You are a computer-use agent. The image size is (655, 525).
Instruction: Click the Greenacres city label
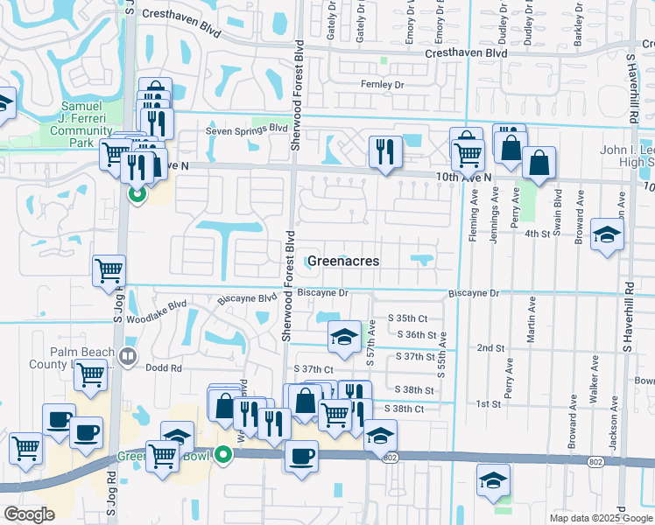click(x=342, y=260)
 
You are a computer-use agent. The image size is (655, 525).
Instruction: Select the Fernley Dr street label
click(x=382, y=85)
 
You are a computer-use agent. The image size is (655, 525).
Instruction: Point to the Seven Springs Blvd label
click(x=247, y=129)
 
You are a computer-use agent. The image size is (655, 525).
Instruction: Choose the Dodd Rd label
click(x=164, y=368)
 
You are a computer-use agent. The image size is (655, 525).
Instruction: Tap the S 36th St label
click(x=416, y=335)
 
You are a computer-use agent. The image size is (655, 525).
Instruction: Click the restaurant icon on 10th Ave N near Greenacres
click(x=384, y=152)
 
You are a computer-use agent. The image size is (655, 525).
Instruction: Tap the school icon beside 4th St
click(x=607, y=234)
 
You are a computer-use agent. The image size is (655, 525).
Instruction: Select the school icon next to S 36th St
click(x=344, y=336)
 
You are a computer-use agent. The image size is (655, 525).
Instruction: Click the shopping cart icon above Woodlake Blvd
click(x=109, y=271)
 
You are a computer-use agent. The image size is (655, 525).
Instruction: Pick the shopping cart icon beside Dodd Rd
click(x=90, y=375)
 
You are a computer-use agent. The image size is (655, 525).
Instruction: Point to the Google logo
click(x=29, y=514)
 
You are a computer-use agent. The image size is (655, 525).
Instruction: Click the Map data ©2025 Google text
click(x=600, y=518)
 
